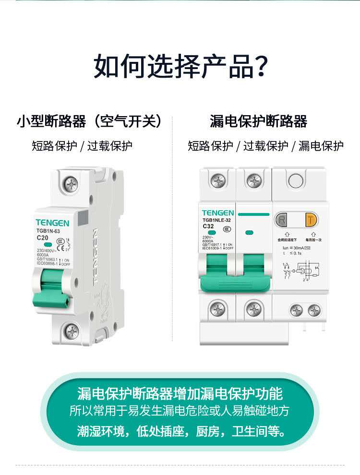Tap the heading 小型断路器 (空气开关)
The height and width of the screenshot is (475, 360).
coord(89,121)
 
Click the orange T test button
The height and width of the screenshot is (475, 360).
coord(312,220)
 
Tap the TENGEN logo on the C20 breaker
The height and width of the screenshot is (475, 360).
coord(52,223)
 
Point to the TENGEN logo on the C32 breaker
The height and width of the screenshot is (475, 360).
coord(218,213)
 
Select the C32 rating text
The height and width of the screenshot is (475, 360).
coord(208,226)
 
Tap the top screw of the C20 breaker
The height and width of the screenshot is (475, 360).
coord(72,183)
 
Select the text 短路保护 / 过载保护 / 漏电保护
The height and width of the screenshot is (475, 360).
coord(266,146)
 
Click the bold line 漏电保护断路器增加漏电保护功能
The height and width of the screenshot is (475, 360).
coord(180,394)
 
